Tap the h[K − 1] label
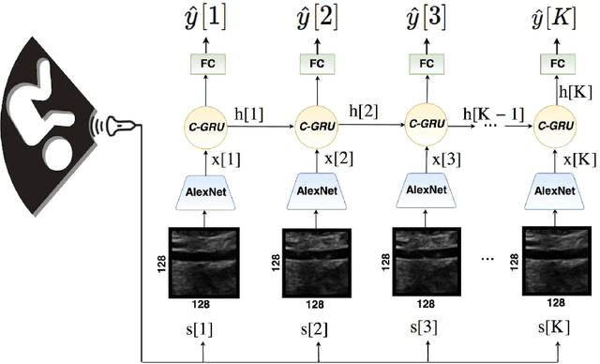[490, 114]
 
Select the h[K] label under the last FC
[576, 91]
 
